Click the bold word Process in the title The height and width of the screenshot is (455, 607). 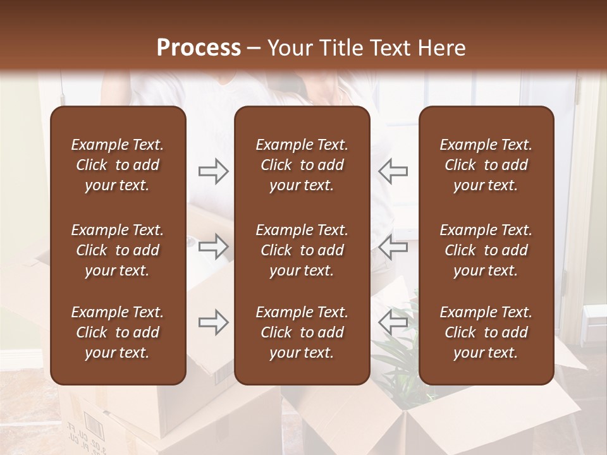[199, 48]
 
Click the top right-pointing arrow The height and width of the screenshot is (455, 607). [213, 171]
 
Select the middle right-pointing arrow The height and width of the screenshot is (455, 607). [213, 246]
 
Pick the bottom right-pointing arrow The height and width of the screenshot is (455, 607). [213, 323]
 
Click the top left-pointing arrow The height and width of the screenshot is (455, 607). [393, 171]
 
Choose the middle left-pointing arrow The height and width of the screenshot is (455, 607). [393, 246]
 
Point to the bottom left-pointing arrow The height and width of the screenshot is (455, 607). [393, 323]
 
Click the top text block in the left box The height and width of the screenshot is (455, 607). [118, 165]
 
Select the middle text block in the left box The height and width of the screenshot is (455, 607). [118, 250]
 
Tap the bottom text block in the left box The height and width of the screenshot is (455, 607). [118, 332]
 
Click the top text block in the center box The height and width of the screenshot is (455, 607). [302, 165]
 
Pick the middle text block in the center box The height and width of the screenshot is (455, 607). [302, 250]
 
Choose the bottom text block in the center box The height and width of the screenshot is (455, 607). [302, 332]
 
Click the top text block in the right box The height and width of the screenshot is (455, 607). [486, 165]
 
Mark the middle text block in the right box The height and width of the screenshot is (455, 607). [486, 250]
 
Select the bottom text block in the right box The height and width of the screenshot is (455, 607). [486, 332]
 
